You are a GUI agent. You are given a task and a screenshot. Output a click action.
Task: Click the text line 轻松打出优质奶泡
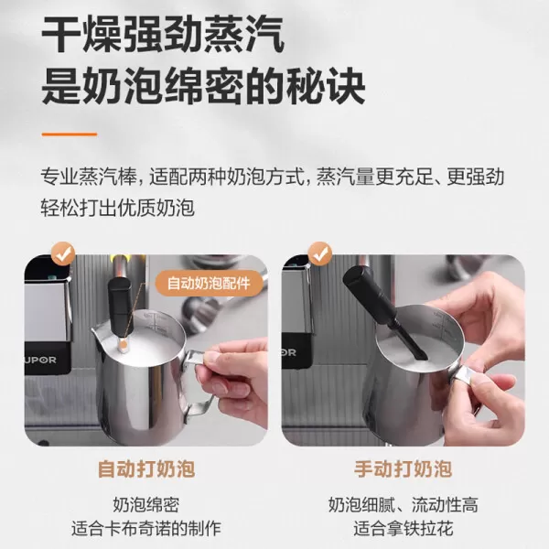[x=118, y=208]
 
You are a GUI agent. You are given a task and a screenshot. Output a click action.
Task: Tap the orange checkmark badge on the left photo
[x=63, y=253]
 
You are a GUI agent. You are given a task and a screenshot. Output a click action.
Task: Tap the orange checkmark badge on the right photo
[x=319, y=253]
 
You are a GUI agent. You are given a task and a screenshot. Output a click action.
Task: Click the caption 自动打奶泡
[x=146, y=470]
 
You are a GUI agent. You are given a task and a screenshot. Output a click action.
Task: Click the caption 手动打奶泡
[x=404, y=470]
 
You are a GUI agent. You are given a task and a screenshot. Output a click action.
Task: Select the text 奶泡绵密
[x=146, y=505]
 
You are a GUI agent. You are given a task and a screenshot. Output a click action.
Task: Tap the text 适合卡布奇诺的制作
[x=146, y=529]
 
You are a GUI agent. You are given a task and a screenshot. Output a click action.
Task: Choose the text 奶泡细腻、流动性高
[x=404, y=505]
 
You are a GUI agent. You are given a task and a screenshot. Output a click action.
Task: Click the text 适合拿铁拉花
[x=404, y=529]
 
